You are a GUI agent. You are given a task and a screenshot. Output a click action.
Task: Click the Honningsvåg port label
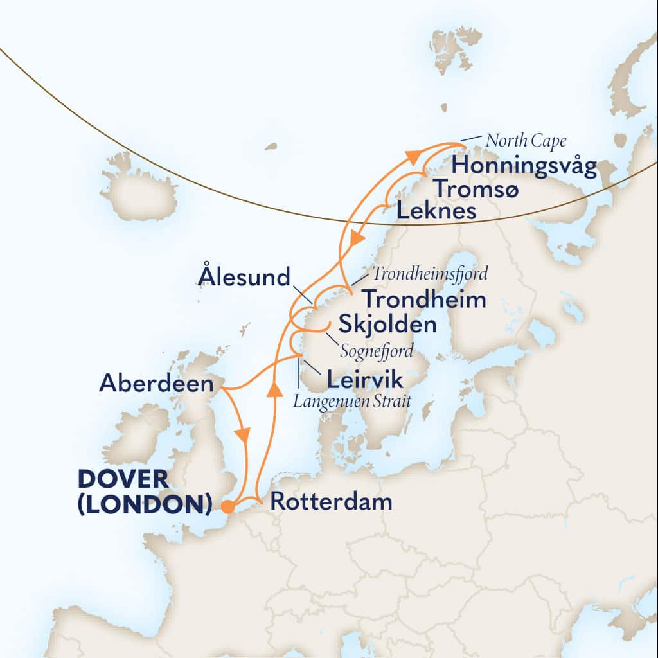(524, 166)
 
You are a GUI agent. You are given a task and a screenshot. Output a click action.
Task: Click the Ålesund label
(245, 278)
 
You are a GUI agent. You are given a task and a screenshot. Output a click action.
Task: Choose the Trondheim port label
(423, 300)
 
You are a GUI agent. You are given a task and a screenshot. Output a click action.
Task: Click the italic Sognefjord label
(376, 353)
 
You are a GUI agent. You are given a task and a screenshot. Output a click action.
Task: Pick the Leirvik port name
(365, 380)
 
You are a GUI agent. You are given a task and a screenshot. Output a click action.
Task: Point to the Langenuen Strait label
(352, 402)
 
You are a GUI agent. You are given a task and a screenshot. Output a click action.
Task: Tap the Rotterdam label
(330, 502)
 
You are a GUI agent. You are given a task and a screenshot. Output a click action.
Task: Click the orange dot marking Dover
(227, 507)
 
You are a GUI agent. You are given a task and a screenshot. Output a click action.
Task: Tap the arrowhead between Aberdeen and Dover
(243, 434)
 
